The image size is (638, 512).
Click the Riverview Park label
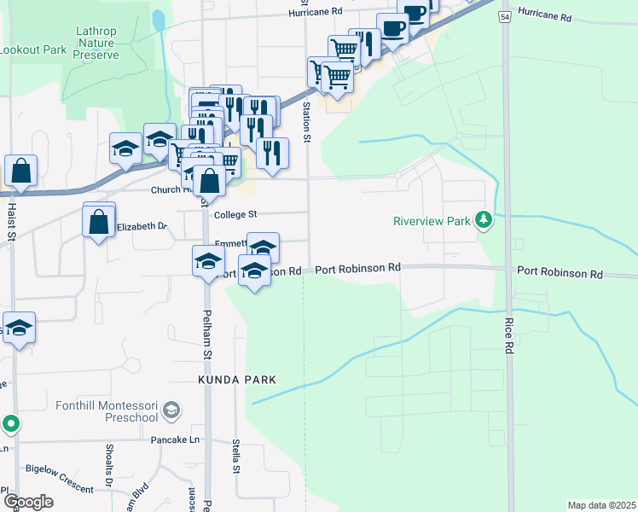tap(432, 221)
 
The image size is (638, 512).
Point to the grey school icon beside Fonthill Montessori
tap(171, 410)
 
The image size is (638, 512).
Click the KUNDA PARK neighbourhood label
tap(238, 378)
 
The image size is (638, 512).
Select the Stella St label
tap(235, 457)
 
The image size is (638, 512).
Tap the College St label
tap(235, 215)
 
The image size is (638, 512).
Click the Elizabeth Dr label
tap(142, 226)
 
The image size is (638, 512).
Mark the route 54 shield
tap(506, 17)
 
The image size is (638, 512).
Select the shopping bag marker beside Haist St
tap(20, 172)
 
